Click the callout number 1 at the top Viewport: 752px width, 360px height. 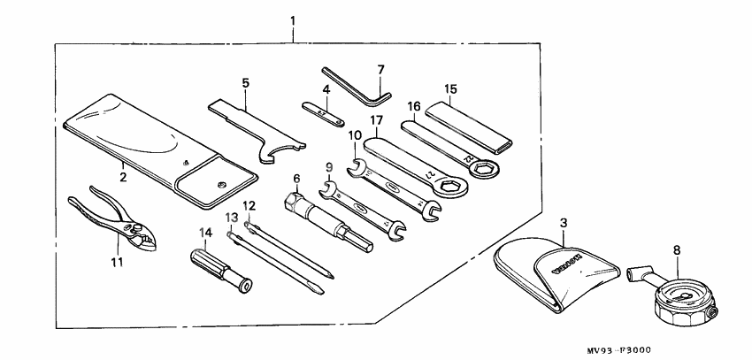pyautogui.click(x=293, y=19)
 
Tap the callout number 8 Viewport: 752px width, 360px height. pyautogui.click(x=678, y=250)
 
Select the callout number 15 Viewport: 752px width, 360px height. pyautogui.click(x=451, y=89)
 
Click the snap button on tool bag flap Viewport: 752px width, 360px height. pyautogui.click(x=221, y=184)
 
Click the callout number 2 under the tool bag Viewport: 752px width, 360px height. pyautogui.click(x=124, y=177)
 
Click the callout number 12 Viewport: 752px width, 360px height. pyautogui.click(x=249, y=205)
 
